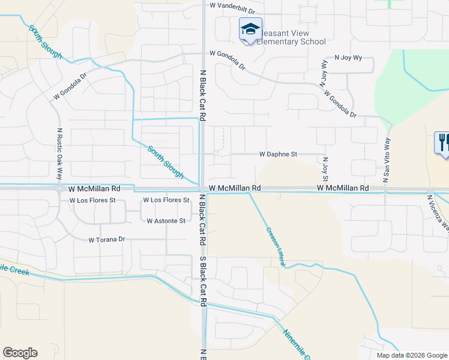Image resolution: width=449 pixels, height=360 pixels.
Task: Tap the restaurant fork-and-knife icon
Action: point(443,143)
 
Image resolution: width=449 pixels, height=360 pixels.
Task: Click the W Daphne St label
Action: point(278,154)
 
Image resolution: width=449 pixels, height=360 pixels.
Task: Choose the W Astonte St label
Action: point(166,221)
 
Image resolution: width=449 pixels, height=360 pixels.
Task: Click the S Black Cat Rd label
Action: point(203,282)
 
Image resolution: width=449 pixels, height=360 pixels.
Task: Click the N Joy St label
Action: point(325,169)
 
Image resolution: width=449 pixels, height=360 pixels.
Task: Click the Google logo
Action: point(20,353)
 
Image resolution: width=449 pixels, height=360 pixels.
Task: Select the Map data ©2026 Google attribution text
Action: point(411,355)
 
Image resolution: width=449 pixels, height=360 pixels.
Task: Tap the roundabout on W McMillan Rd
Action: point(60,188)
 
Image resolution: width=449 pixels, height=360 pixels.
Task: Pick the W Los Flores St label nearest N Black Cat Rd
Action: point(166,200)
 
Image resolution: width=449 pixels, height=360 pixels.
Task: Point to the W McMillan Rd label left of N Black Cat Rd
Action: point(95,188)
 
